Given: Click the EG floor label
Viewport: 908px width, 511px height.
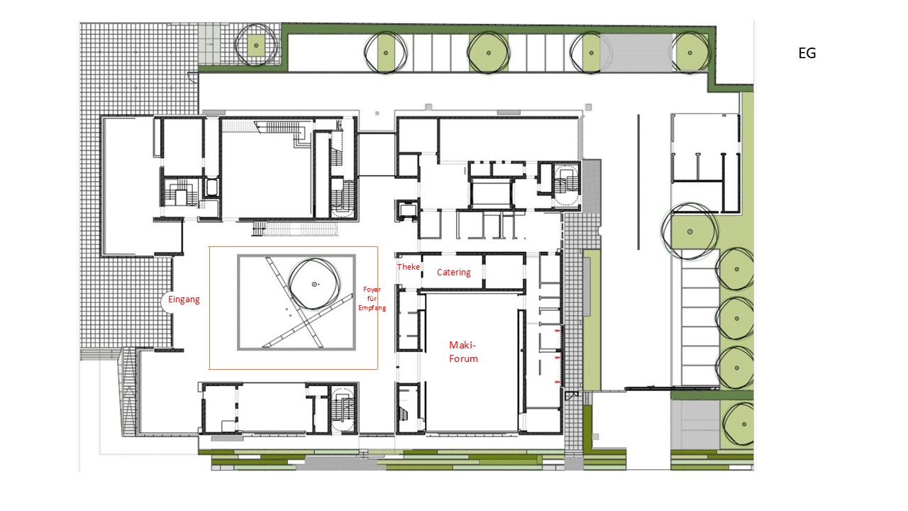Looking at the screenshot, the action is click(807, 53).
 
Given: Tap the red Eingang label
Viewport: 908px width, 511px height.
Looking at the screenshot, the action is click(184, 300).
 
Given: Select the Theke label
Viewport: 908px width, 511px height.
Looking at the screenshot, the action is click(408, 266).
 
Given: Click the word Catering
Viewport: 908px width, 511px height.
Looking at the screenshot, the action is click(453, 272).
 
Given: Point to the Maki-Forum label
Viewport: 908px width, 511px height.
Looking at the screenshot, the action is click(463, 351).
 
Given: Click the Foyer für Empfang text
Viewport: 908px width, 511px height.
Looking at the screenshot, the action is click(372, 299).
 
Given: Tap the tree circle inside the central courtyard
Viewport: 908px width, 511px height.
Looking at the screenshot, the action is click(314, 285).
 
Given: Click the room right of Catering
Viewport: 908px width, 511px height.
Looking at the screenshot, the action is click(504, 271).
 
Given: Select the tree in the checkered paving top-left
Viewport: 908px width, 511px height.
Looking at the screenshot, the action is click(256, 45).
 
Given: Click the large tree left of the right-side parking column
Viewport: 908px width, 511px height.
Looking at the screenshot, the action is click(690, 231).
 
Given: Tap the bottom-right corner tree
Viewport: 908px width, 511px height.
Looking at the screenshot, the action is click(738, 424).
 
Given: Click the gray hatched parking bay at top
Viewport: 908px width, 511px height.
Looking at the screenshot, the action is click(636, 53).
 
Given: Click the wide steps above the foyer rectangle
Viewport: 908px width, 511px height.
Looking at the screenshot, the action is click(296, 229).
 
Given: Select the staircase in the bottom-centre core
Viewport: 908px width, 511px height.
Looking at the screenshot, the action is click(343, 408).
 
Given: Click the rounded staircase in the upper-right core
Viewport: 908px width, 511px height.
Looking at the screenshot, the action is click(566, 185).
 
